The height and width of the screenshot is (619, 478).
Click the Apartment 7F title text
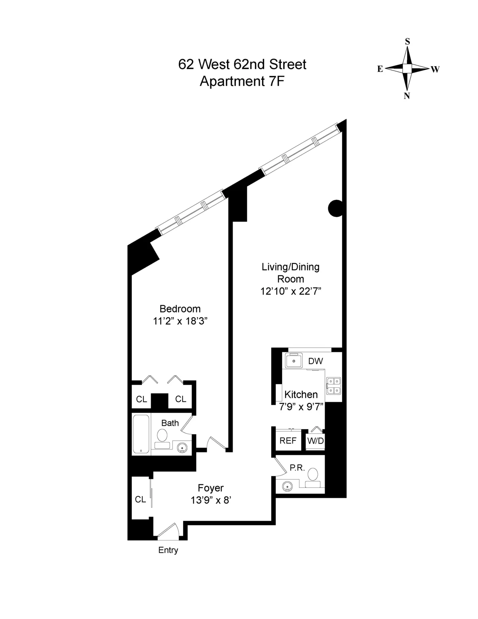242,81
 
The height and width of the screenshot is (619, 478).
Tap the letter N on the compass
407,96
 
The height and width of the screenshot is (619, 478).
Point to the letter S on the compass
407,41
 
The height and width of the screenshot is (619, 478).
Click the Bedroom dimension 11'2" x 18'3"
181,321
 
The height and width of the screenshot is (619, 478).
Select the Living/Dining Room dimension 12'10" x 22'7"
290,291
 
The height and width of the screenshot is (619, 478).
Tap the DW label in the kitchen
315,361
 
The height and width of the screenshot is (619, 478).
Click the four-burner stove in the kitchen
333,385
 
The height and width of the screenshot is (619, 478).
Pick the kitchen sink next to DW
294,361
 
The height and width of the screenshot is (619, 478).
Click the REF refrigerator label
288,440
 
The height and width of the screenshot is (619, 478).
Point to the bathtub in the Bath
141,434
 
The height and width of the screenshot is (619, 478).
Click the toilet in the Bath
162,437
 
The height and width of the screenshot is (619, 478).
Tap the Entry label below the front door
168,550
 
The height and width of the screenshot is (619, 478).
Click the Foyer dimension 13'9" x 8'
211,500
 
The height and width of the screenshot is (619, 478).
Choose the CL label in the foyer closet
140,499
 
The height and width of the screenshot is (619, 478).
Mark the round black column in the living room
335,208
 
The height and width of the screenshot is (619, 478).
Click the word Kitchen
301,395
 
